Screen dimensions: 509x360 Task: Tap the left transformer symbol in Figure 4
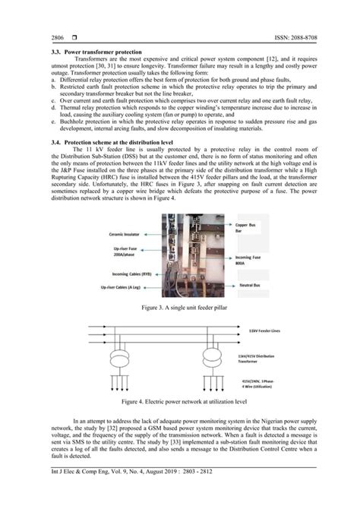[x=122, y=357]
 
